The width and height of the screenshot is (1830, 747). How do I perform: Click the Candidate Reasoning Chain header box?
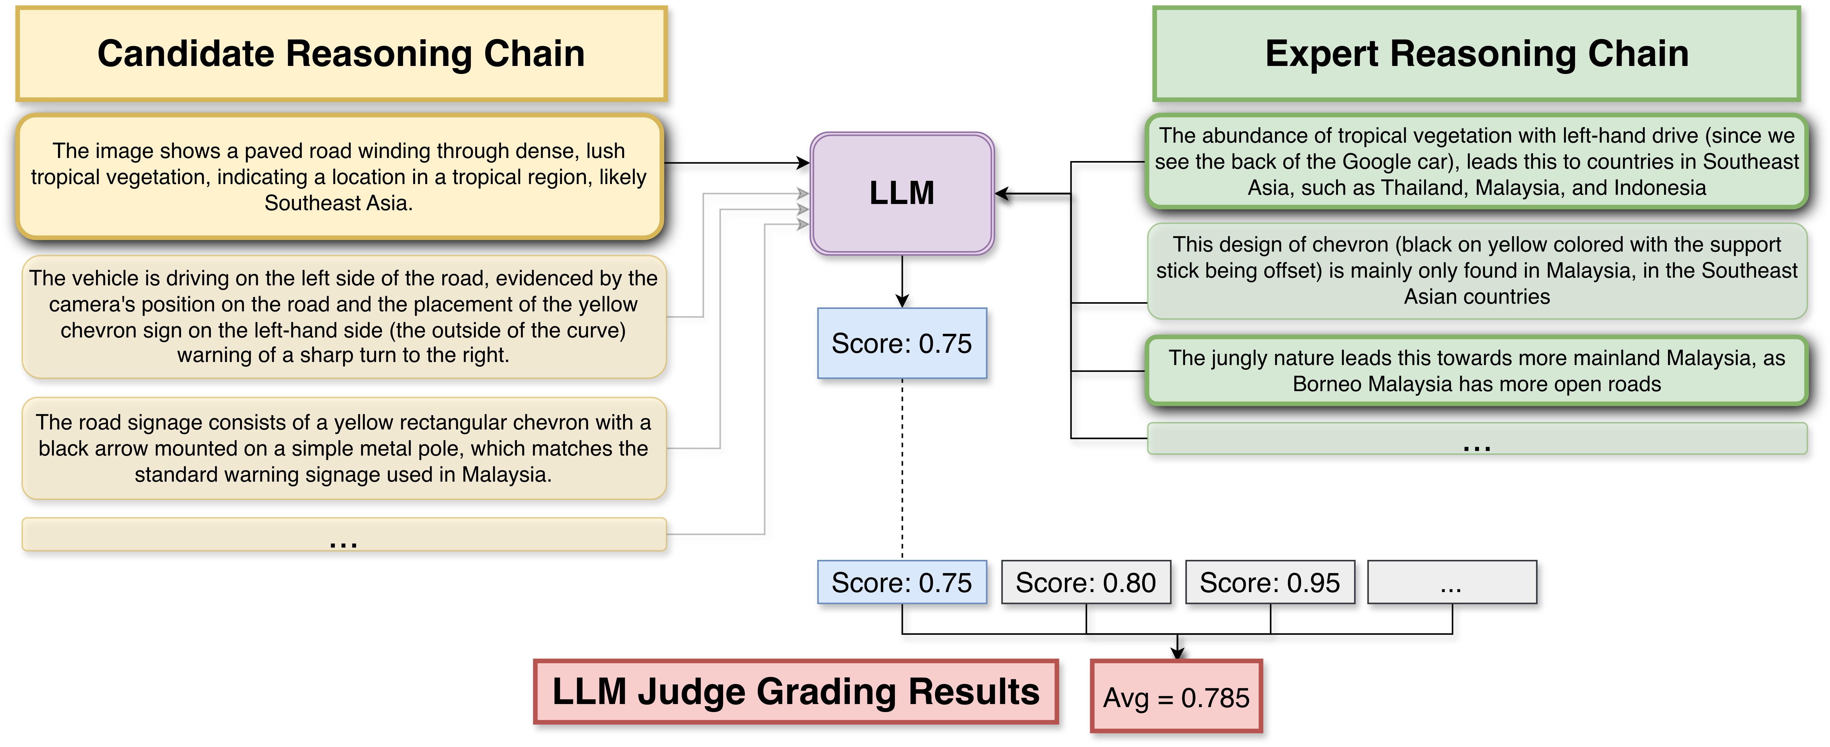(x=341, y=54)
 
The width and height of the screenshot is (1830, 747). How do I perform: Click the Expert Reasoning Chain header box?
(x=1476, y=54)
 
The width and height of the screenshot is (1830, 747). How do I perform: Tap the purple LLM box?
(x=902, y=193)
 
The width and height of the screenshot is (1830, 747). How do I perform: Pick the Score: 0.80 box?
(x=1085, y=582)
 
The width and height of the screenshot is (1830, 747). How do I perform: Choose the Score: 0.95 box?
(x=1269, y=582)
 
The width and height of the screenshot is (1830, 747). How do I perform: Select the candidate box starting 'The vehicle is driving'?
(x=343, y=317)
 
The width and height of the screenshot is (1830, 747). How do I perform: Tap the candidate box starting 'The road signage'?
(x=343, y=448)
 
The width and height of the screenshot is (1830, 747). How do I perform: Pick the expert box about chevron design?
(x=1476, y=271)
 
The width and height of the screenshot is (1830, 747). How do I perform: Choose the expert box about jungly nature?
(x=1476, y=371)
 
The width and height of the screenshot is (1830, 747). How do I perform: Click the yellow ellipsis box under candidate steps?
(x=343, y=535)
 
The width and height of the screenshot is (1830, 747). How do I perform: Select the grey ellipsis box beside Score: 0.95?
(x=1451, y=582)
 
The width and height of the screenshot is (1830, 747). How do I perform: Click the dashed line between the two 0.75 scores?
(x=902, y=469)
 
